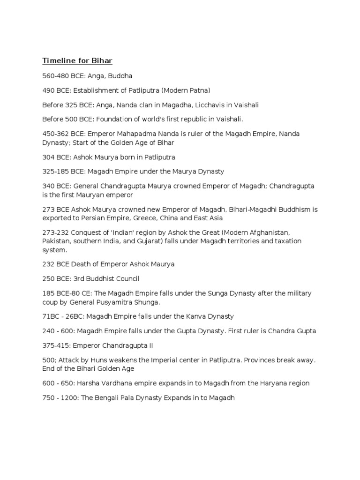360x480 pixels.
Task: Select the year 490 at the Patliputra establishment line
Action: point(49,90)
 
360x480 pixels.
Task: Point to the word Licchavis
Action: point(201,105)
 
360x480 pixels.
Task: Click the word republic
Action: point(186,119)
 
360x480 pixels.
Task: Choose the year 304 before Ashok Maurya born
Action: point(49,157)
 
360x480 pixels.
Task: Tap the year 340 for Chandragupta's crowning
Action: point(49,186)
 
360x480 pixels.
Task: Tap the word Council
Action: point(124,278)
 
